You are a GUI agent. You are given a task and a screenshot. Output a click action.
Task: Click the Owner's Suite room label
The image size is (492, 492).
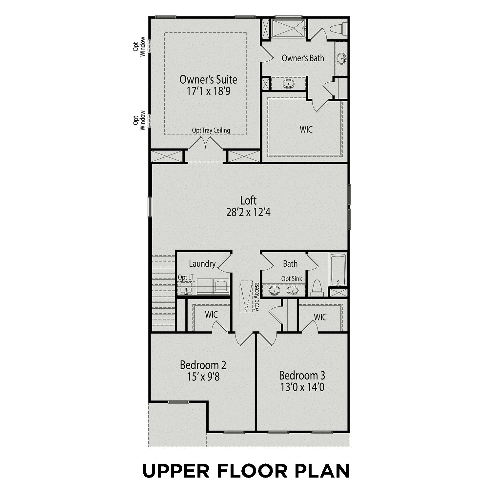[x=208, y=79]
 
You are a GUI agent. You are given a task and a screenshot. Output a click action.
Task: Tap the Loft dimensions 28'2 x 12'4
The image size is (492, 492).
[x=248, y=213]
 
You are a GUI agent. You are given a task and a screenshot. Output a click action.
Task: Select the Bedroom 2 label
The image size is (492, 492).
[x=203, y=365]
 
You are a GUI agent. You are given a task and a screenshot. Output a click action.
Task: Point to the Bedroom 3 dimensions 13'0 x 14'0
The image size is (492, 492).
[x=302, y=387]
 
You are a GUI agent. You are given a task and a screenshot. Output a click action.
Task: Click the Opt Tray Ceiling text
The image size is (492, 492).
[x=211, y=130]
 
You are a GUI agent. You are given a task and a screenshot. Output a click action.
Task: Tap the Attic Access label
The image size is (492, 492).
[x=257, y=297]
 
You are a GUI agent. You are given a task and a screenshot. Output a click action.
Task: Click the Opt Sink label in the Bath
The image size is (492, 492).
[x=292, y=279]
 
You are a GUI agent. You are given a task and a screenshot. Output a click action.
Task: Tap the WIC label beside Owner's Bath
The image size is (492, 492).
[x=306, y=129]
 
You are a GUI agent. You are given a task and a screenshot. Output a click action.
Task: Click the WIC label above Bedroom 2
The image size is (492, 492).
[x=211, y=315]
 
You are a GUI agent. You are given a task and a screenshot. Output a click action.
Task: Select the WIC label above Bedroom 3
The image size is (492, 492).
[x=320, y=317]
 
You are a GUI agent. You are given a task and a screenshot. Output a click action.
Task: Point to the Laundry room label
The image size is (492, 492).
[x=202, y=264]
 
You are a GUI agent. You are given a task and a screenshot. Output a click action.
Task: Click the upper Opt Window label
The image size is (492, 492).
[x=139, y=47]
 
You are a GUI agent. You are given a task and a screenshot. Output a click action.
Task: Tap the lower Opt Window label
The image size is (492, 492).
[x=139, y=120]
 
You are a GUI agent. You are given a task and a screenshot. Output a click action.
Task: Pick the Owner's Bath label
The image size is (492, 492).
[x=303, y=58]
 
